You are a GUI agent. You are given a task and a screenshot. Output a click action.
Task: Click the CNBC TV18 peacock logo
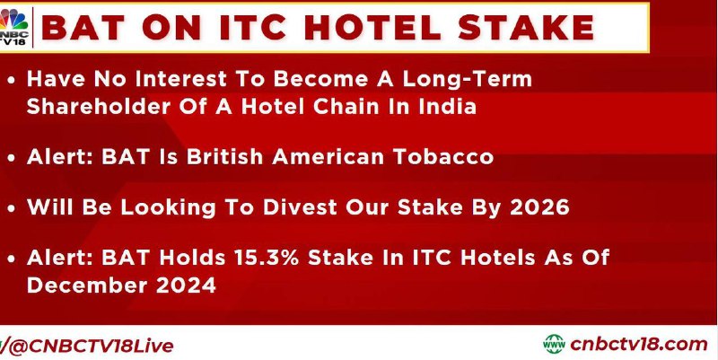click(x=13, y=27)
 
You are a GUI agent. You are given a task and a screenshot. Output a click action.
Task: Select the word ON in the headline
click(x=171, y=27)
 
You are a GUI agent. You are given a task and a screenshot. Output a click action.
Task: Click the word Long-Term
click(x=467, y=80)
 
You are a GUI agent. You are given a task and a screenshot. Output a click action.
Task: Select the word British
click(x=224, y=156)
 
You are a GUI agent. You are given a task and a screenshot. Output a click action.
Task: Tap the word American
click(x=328, y=156)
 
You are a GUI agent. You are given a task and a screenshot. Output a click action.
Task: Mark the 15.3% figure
click(x=266, y=258)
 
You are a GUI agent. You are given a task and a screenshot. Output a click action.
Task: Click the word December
click(x=86, y=285)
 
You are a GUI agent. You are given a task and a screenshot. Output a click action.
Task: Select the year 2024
click(x=186, y=285)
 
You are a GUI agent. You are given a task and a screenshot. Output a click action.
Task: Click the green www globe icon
click(x=554, y=344)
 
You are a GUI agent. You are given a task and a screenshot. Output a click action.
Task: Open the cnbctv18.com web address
click(x=638, y=344)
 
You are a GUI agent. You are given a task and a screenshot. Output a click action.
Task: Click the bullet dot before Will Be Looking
click(x=12, y=208)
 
